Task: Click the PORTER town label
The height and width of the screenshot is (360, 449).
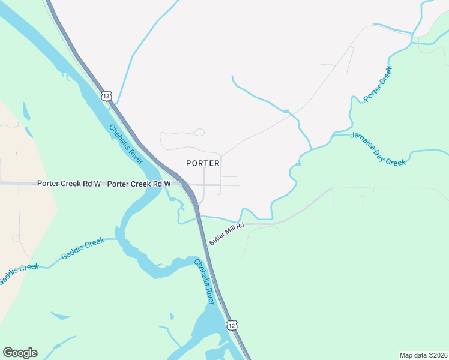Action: tap(203, 163)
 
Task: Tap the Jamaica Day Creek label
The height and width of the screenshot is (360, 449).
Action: tap(378, 148)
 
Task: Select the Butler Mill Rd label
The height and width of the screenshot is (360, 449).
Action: tap(226, 234)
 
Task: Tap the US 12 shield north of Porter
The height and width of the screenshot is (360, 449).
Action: tap(106, 95)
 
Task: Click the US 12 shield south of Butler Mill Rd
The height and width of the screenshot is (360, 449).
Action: tap(232, 325)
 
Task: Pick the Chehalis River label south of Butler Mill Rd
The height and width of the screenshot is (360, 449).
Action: tap(204, 281)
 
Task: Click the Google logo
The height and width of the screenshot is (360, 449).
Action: tap(20, 353)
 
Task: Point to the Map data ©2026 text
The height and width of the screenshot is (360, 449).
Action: tap(423, 355)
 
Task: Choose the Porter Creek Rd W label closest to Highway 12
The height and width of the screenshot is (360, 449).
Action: tap(139, 184)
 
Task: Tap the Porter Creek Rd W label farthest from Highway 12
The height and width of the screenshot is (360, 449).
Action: tap(68, 184)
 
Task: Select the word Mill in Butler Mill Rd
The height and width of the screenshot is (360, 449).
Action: tap(228, 233)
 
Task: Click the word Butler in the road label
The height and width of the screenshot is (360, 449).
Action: tap(217, 239)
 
